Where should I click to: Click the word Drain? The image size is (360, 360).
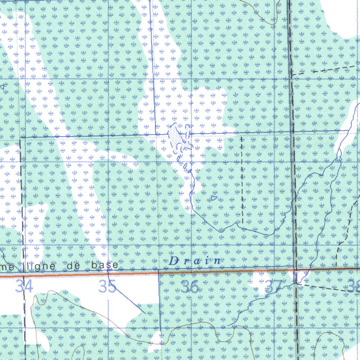[x=195, y=261]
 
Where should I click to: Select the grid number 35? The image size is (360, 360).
[x=108, y=287]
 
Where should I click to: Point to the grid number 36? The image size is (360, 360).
[x=190, y=288]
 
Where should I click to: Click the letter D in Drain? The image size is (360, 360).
[x=173, y=261]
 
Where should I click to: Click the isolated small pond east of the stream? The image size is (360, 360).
[x=213, y=198]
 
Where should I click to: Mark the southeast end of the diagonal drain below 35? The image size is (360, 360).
[x=146, y=313]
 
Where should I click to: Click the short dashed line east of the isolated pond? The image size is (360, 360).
[x=242, y=179]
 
